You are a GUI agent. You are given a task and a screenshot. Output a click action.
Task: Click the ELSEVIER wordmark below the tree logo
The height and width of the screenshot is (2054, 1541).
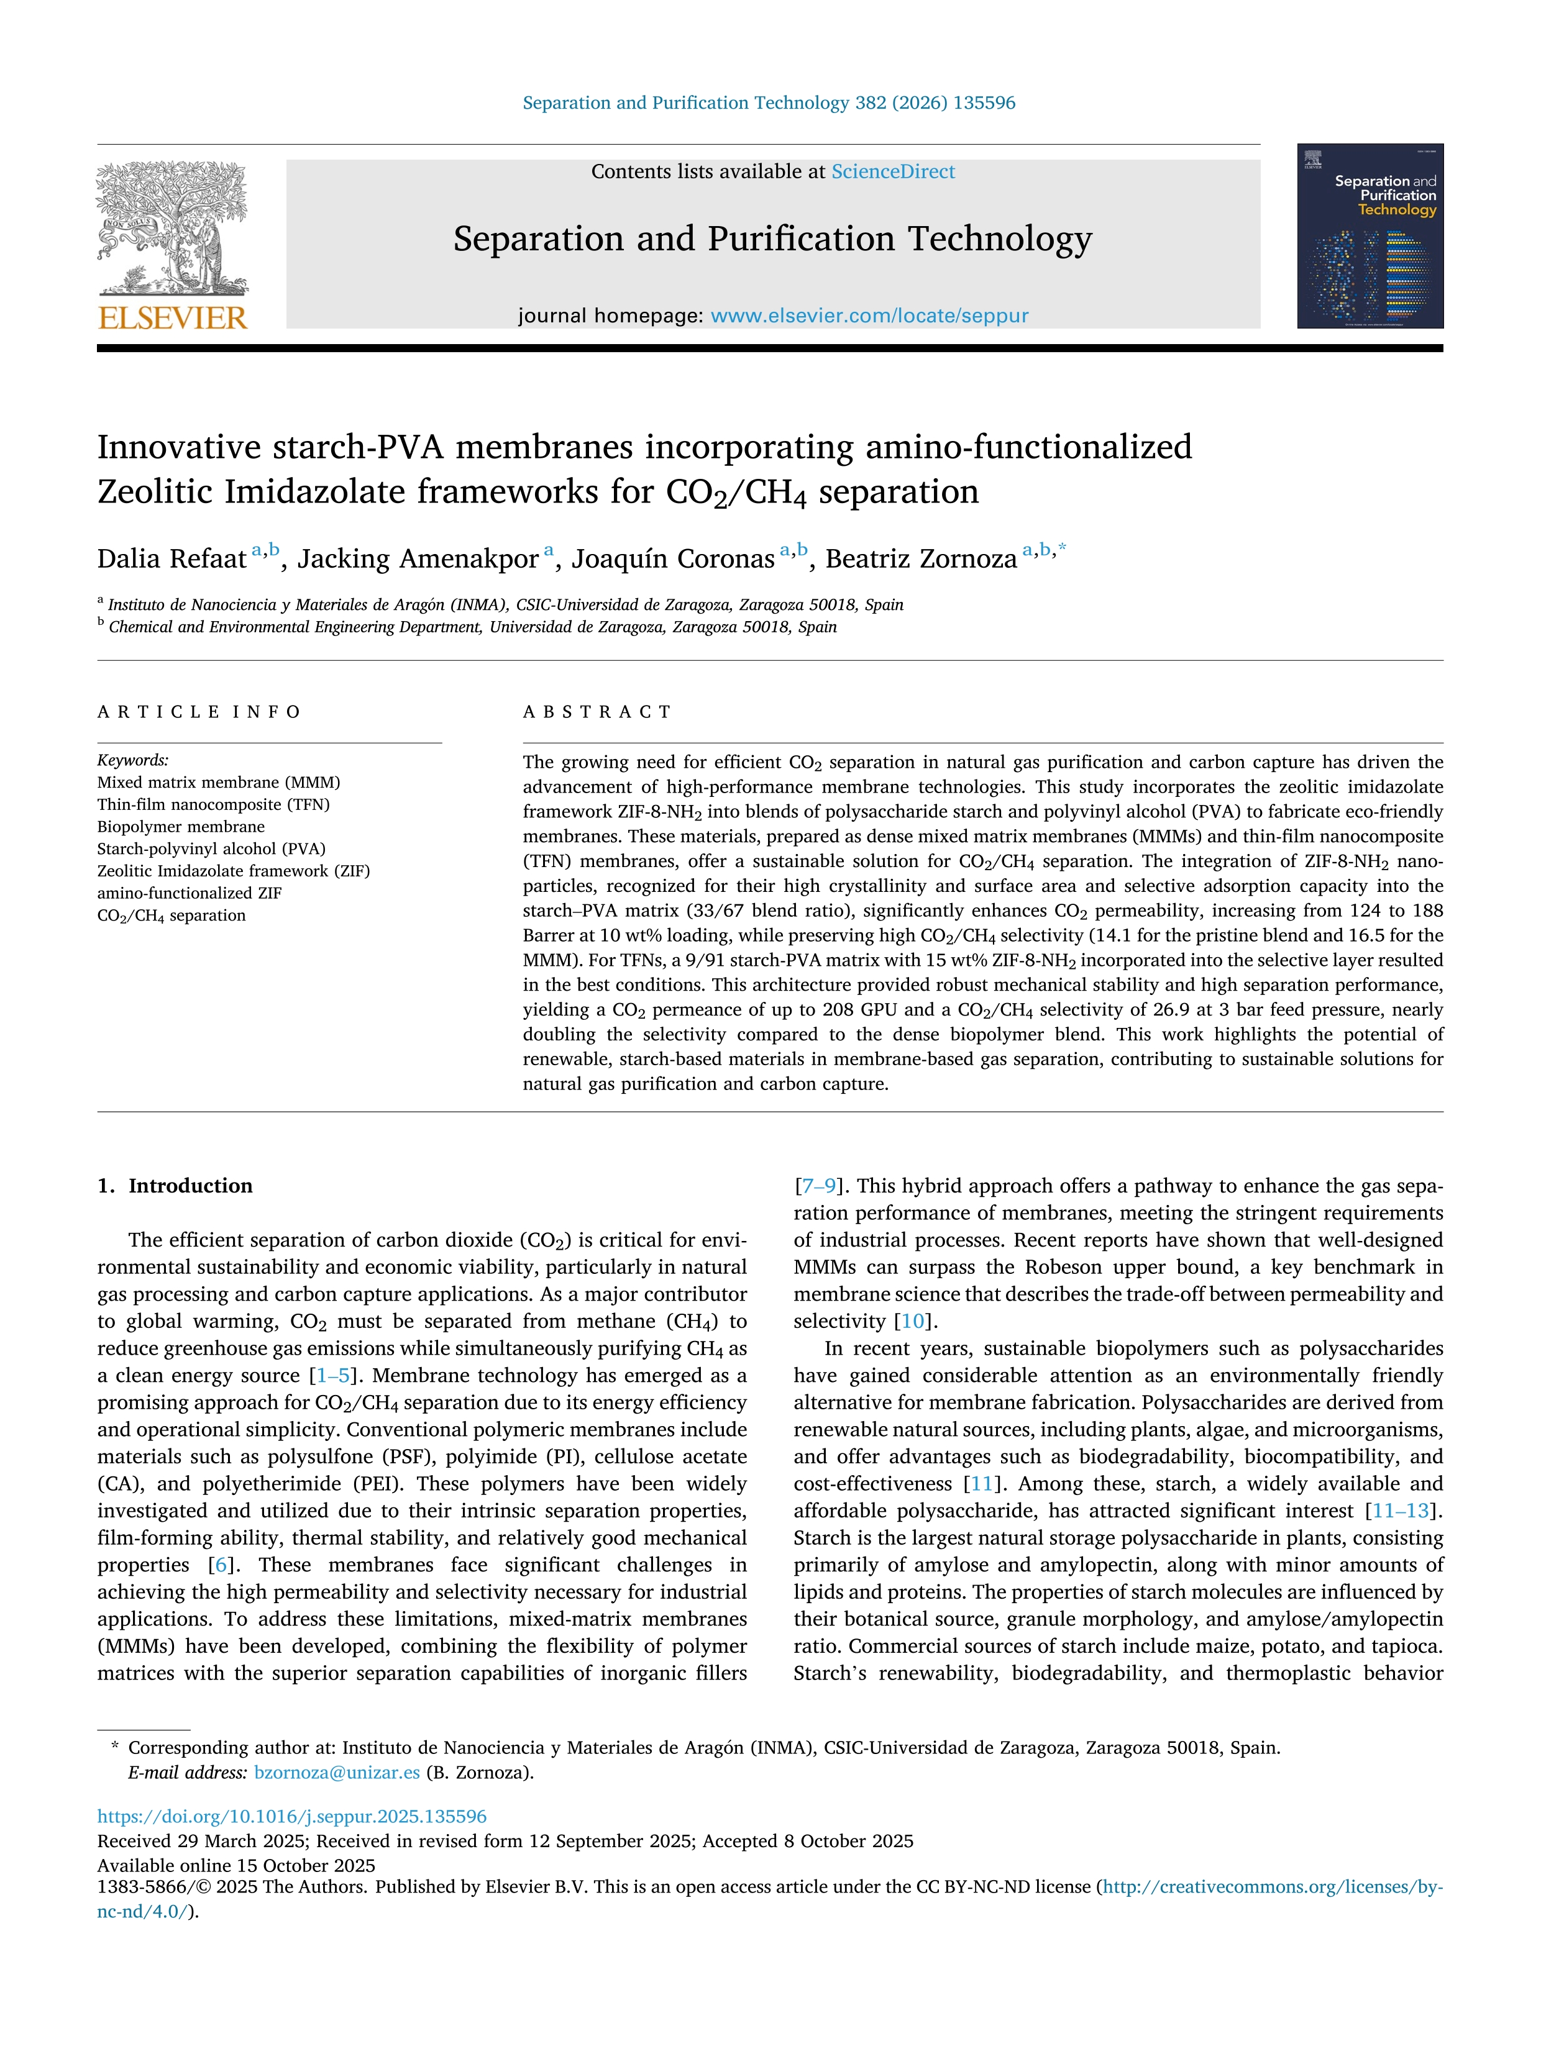click(173, 319)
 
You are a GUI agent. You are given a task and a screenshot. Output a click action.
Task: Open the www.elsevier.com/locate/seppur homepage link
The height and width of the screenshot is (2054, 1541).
click(869, 316)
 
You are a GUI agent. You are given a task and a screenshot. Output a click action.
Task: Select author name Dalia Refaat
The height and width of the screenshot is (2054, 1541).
click(172, 559)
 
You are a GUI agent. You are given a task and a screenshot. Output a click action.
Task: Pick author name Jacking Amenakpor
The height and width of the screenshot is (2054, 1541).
click(418, 559)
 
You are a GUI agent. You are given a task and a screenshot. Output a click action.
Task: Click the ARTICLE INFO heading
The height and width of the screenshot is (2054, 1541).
click(199, 712)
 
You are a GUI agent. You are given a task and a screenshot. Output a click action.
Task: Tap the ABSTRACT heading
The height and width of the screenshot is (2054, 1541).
click(597, 712)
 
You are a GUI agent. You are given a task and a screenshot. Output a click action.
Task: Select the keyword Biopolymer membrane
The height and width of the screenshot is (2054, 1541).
click(181, 827)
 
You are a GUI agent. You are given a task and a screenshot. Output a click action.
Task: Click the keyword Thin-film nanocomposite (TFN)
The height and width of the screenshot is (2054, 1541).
click(214, 804)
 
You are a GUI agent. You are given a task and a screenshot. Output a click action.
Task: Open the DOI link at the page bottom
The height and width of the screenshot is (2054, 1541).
click(291, 1816)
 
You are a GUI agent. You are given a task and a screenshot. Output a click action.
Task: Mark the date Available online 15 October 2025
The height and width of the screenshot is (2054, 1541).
click(236, 1866)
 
